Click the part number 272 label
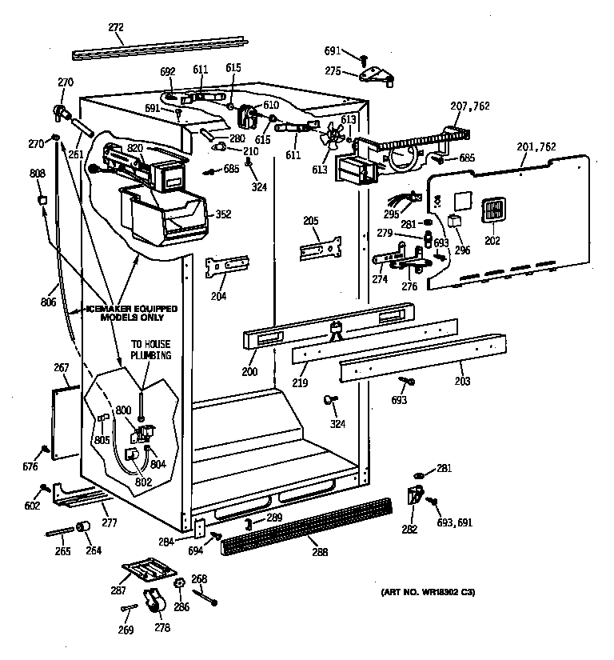pos(116,28)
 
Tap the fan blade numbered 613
pos(327,138)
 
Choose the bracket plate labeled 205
pos(321,247)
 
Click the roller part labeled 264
pos(82,526)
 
